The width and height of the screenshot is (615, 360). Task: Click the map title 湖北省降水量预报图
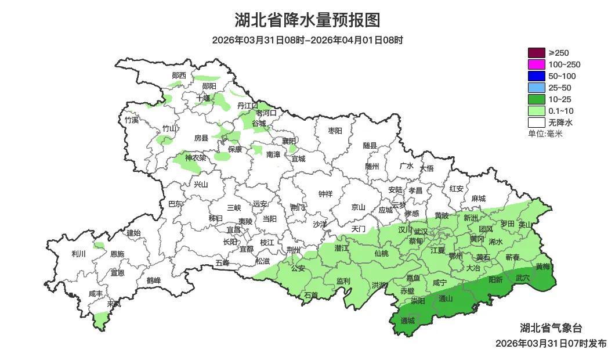click(x=307, y=20)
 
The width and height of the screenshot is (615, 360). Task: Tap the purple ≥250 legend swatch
click(x=537, y=53)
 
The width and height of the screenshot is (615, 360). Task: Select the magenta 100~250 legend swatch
click(x=537, y=64)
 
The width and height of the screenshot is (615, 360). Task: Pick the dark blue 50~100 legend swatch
click(x=537, y=76)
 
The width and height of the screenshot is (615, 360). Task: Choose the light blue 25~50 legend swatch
click(x=537, y=88)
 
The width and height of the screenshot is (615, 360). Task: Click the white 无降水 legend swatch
click(x=537, y=123)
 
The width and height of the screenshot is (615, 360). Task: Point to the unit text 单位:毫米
click(x=545, y=134)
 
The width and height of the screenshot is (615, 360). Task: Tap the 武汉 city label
click(x=421, y=232)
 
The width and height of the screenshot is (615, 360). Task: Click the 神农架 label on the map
click(x=195, y=157)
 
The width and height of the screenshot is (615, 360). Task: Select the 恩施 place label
click(x=117, y=254)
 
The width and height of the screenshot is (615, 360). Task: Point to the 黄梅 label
click(x=542, y=267)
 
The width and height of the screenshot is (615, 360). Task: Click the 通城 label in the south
click(x=408, y=321)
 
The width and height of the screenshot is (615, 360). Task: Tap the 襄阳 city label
click(x=288, y=141)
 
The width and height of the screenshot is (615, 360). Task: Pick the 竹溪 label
click(x=132, y=120)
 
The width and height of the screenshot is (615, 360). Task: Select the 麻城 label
click(x=478, y=198)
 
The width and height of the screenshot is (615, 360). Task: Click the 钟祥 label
click(x=325, y=194)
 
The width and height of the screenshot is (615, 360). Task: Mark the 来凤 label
click(x=114, y=304)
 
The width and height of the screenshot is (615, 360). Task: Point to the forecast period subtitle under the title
click(x=307, y=40)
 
